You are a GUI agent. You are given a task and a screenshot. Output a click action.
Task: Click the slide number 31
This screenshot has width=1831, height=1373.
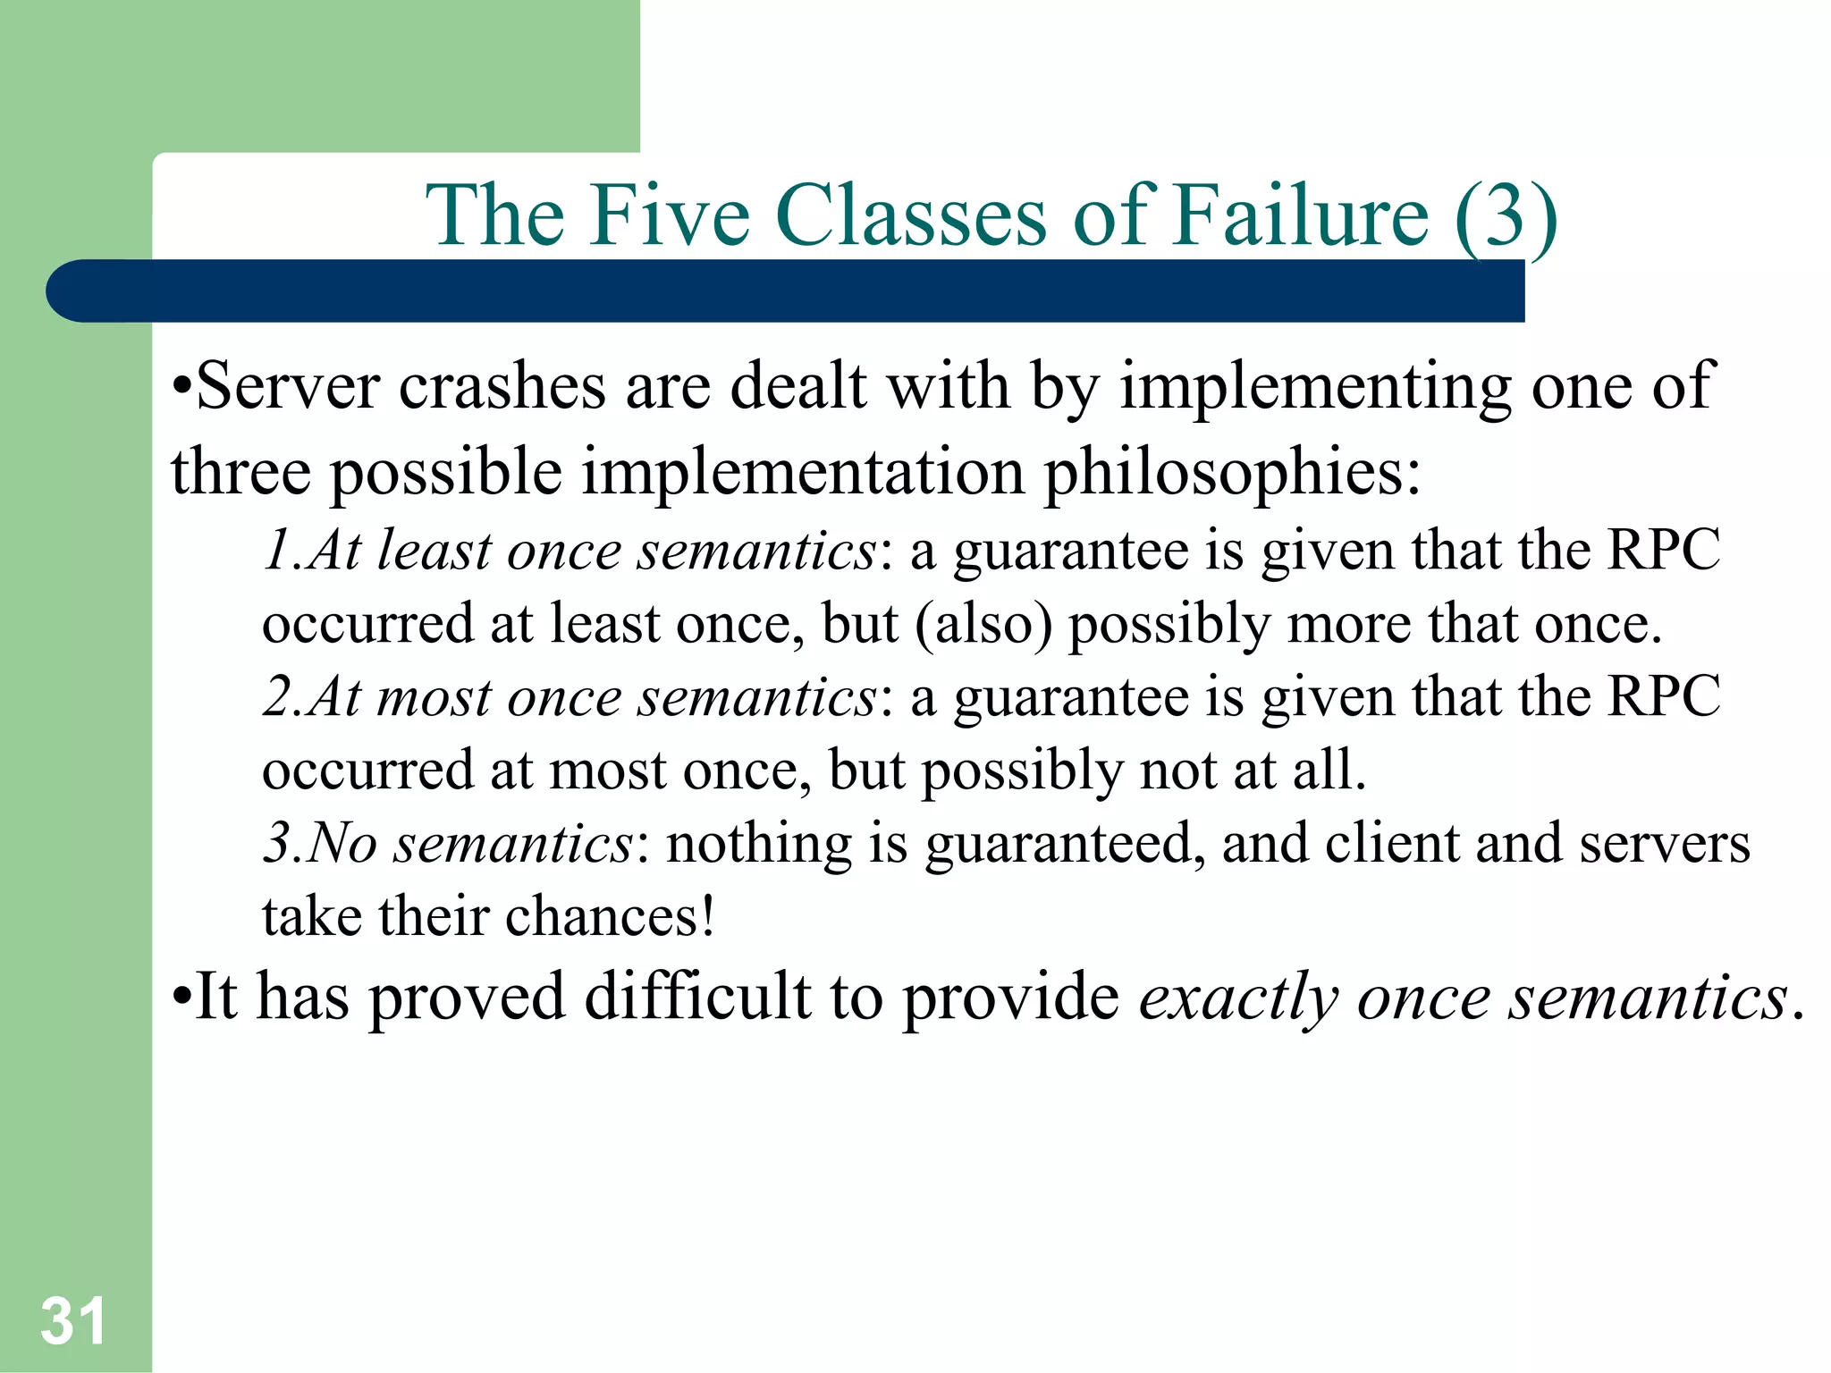(73, 1320)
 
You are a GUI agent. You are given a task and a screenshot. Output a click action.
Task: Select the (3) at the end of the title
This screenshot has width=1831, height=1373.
(1506, 216)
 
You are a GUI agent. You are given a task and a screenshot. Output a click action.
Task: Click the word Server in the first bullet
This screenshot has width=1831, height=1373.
(288, 386)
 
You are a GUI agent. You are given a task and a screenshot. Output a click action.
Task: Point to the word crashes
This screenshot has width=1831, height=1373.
(502, 386)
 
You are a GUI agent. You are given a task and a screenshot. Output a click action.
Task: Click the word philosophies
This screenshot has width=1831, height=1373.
(1232, 472)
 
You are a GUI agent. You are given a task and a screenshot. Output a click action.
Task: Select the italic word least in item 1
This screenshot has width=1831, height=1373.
(434, 549)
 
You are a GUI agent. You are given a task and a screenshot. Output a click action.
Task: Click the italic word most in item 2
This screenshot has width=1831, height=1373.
(434, 696)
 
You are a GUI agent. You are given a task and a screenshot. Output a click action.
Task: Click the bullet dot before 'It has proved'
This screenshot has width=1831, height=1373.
(181, 998)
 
